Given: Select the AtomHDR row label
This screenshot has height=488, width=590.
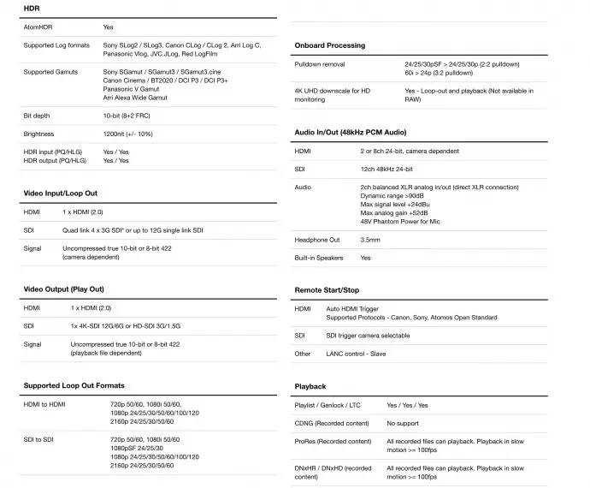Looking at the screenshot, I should click(x=39, y=27).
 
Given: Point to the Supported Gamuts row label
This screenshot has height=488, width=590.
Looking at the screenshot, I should click(x=50, y=72).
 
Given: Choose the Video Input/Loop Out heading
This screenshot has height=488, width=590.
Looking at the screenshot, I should click(x=60, y=193).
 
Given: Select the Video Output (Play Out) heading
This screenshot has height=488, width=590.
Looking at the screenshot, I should click(x=63, y=289).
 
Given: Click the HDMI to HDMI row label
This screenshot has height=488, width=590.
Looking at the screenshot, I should click(x=44, y=404).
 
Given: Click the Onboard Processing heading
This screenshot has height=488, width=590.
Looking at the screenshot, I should click(x=329, y=45).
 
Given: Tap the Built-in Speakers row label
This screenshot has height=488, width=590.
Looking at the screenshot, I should click(x=319, y=258).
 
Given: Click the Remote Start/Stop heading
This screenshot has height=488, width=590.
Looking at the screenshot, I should click(x=327, y=290).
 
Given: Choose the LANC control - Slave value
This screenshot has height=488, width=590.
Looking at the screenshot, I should click(x=354, y=353).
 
